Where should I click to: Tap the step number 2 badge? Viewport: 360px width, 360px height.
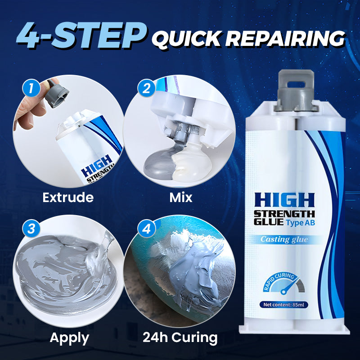click(x=145, y=88)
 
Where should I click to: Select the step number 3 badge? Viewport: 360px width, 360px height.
click(x=31, y=228)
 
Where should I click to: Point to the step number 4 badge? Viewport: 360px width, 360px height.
click(x=145, y=229)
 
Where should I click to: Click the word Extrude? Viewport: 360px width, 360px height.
click(x=68, y=197)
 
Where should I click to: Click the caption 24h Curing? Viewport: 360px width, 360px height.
click(x=180, y=337)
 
